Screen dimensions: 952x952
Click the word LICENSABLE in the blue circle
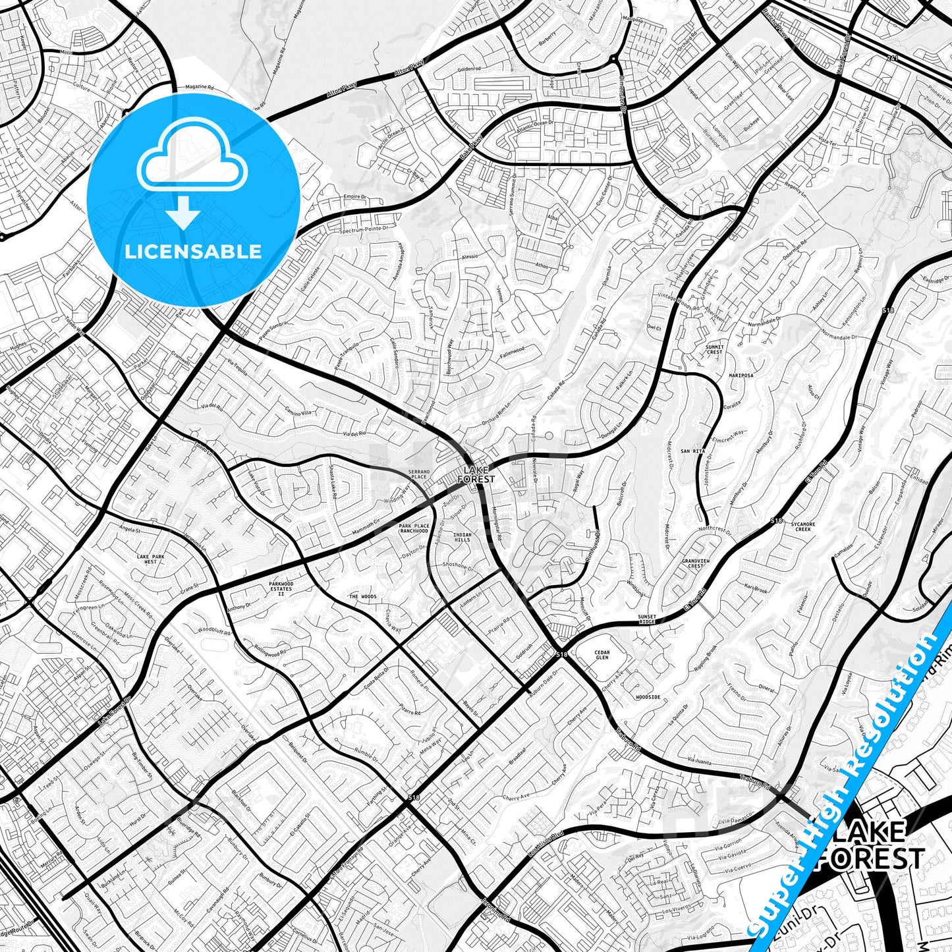[x=192, y=252]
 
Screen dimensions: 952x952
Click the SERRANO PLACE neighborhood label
[x=419, y=474]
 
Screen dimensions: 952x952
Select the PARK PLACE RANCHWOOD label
[x=414, y=528]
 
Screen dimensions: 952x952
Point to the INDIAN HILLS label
[x=462, y=537]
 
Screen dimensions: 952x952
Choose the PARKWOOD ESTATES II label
[x=280, y=588]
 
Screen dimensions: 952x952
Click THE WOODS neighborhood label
[x=362, y=597]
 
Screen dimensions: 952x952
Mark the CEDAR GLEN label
[x=602, y=655]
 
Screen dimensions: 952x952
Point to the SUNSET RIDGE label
[x=647, y=619]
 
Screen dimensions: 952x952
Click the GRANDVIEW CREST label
[x=696, y=563]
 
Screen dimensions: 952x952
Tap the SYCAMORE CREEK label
[x=804, y=526]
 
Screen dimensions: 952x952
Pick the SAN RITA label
[x=693, y=451]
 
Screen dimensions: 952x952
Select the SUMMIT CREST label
[x=714, y=349]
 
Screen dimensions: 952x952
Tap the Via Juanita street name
[x=699, y=762]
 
